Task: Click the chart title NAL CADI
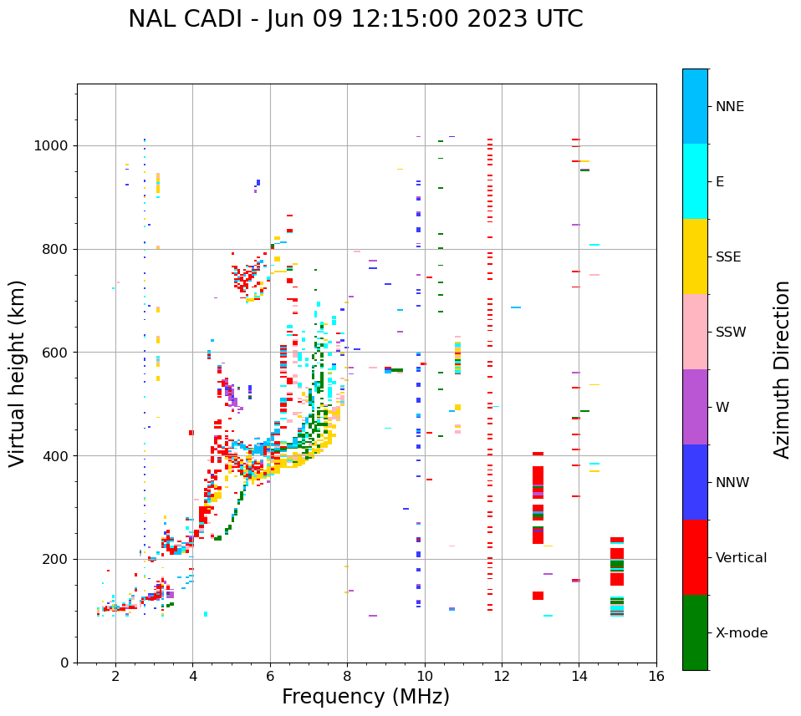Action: pyautogui.click(x=355, y=19)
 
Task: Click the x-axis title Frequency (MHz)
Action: pyautogui.click(x=365, y=697)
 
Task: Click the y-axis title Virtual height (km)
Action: pyautogui.click(x=18, y=373)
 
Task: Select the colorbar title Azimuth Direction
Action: pyautogui.click(x=782, y=369)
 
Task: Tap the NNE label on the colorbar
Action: pyautogui.click(x=729, y=107)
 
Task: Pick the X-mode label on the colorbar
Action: pyautogui.click(x=741, y=633)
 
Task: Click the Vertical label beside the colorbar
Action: pyautogui.click(x=741, y=558)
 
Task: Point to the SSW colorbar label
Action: pyautogui.click(x=731, y=333)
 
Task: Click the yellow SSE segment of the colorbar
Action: pyautogui.click(x=695, y=256)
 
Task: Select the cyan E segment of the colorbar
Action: pyautogui.click(x=695, y=181)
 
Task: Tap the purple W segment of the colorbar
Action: pyautogui.click(x=695, y=407)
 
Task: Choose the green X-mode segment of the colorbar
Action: pyautogui.click(x=695, y=632)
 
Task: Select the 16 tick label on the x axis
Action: pyautogui.click(x=656, y=676)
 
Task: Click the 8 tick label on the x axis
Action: pyautogui.click(x=347, y=676)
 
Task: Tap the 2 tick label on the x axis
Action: pyautogui.click(x=115, y=676)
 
